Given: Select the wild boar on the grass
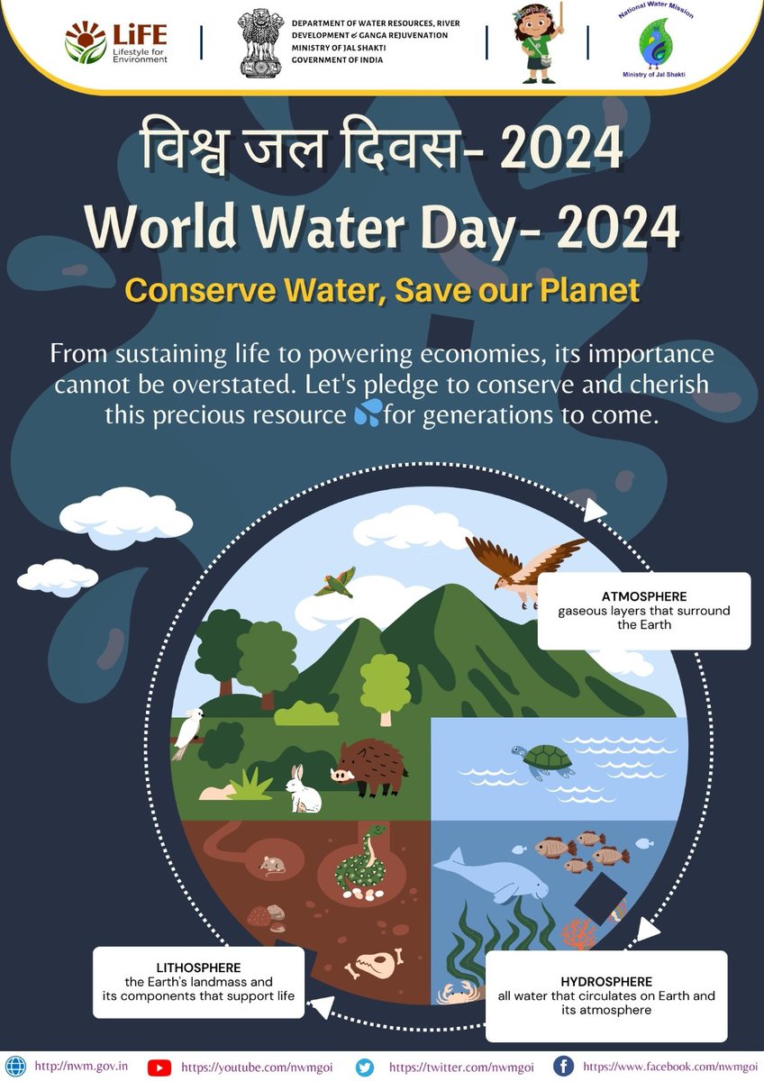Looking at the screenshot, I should [x=369, y=767].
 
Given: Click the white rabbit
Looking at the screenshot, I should [x=303, y=789].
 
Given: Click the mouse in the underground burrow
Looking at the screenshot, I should [x=272, y=865].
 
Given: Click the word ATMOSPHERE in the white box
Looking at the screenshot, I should [x=644, y=596].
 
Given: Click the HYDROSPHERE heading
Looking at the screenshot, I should [x=606, y=981].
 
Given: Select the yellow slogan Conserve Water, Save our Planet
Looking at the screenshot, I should [x=382, y=290].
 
